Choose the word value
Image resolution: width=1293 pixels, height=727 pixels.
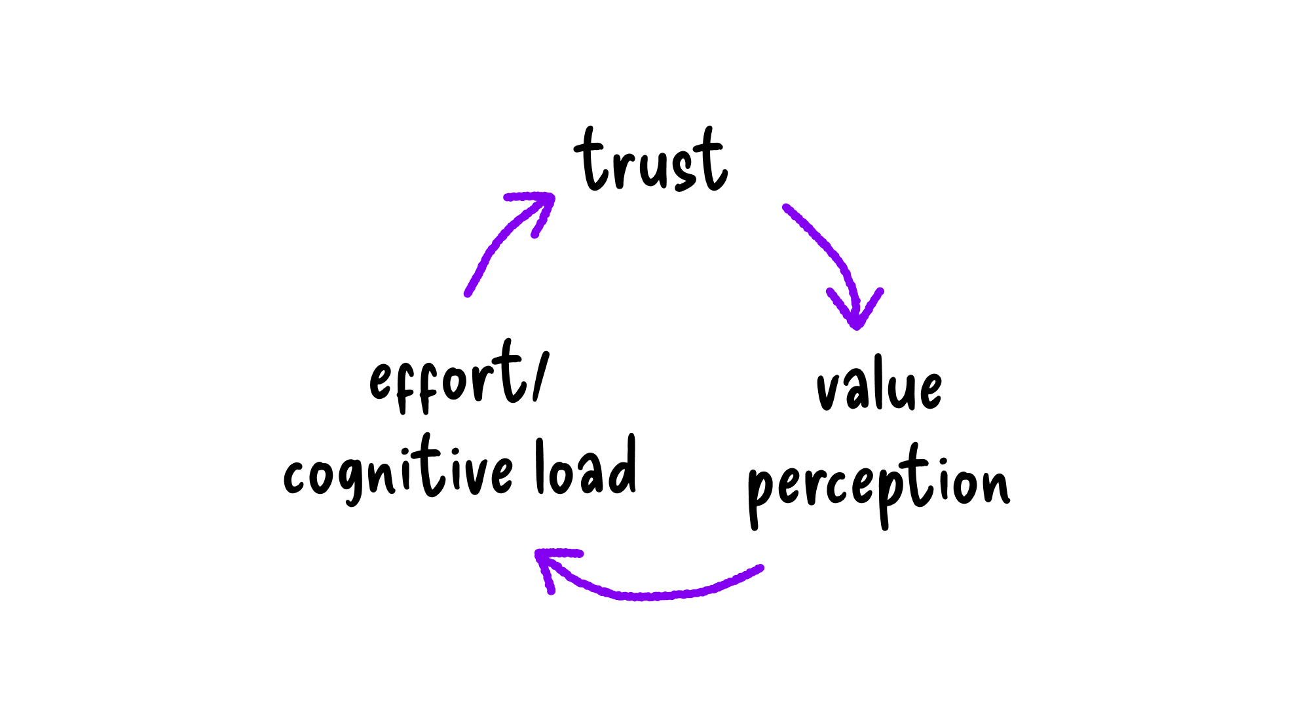tap(879, 386)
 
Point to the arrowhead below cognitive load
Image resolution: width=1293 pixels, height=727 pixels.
tap(548, 563)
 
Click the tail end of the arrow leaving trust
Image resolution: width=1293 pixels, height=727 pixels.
tap(786, 208)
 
